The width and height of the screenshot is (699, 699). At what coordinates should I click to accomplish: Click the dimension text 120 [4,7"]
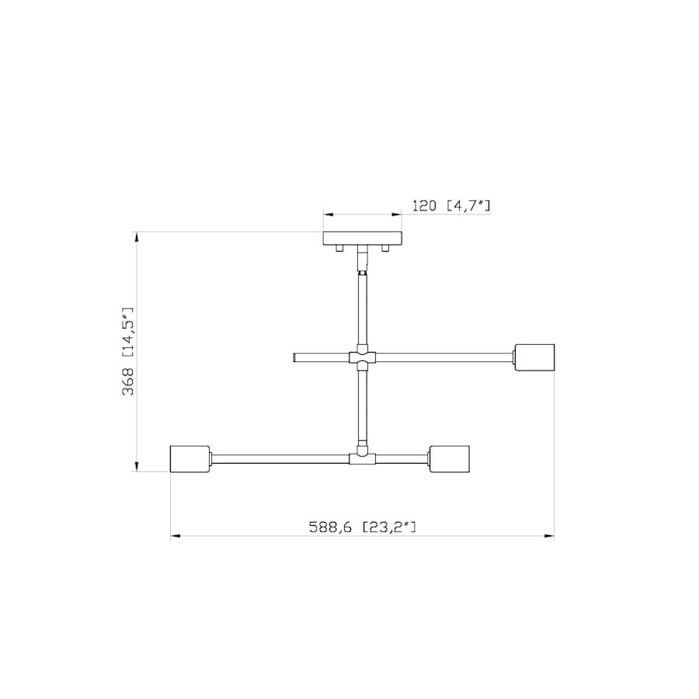pos(451,206)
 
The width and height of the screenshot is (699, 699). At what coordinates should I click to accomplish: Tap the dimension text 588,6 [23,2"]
pos(363,527)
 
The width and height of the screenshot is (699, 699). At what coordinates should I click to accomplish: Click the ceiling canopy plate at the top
pos(363,238)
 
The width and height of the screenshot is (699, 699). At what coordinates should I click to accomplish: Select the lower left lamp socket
pos(190,458)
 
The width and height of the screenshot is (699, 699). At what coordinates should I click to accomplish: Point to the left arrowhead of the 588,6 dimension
pos(176,535)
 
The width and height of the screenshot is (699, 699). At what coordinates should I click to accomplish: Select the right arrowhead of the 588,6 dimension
pos(549,535)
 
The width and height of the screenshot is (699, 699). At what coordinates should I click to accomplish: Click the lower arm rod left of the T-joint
pos(280,458)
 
